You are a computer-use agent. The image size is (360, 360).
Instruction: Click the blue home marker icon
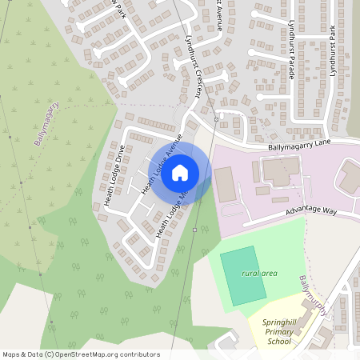pyautogui.click(x=180, y=172)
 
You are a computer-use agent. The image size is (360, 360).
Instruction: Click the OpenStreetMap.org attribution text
pyautogui.click(x=104, y=354)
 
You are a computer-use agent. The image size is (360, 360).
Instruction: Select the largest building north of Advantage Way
pyautogui.click(x=279, y=169)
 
